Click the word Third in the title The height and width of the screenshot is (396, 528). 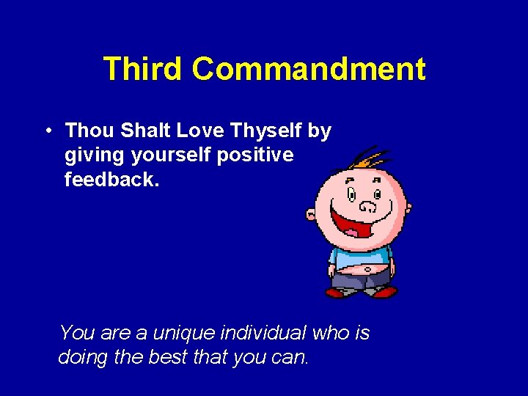coord(143,69)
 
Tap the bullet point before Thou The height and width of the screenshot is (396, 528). coord(46,131)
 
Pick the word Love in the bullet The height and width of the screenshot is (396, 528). coord(198,131)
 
